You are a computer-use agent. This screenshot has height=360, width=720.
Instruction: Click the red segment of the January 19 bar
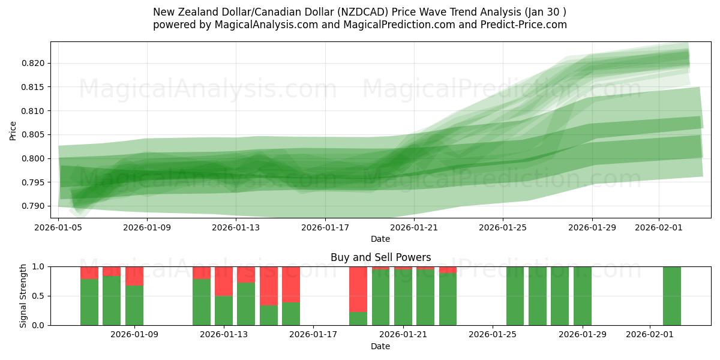pos(358,289)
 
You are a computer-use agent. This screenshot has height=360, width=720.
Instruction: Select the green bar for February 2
pos(672,296)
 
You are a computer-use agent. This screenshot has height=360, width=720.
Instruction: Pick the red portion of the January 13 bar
pos(224,281)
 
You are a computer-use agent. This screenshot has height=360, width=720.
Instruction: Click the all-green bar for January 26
pos(515,296)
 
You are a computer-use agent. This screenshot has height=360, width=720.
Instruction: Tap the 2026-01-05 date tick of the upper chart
pos(59,227)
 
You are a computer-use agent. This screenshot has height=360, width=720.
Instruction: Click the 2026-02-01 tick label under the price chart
pos(659,227)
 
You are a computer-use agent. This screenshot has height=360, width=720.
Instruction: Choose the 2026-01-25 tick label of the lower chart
pos(493,334)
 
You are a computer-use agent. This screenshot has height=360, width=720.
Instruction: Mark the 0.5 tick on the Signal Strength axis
pos(40,296)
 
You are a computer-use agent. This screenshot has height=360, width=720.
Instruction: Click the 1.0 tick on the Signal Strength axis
pos(40,266)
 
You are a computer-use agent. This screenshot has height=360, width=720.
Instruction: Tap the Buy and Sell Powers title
pos(380,257)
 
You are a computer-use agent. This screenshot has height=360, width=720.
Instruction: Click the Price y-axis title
pos(13,130)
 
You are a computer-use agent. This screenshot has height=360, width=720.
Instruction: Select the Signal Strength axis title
pos(23,296)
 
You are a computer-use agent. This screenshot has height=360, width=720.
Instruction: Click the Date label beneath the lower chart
pos(380,346)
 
